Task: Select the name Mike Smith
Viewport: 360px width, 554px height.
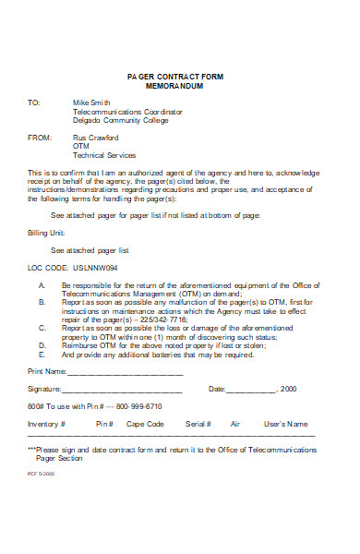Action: coord(90,102)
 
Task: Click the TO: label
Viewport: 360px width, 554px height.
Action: coord(33,102)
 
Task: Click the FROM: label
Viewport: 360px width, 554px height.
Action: coord(38,138)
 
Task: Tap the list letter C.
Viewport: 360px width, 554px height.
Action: coord(42,329)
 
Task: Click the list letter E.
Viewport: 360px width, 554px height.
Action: coord(42,355)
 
